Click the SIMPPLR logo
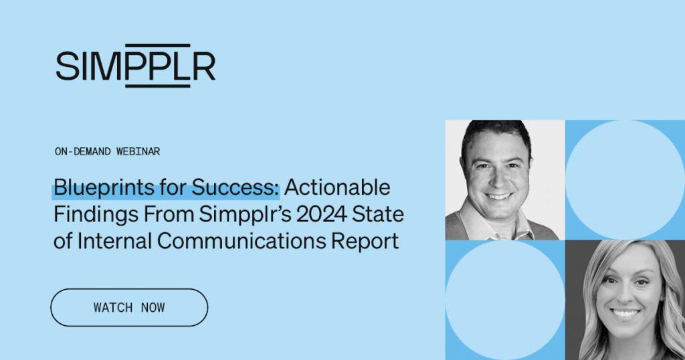click(136, 66)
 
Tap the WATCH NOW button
click(129, 308)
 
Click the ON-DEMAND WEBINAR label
click(107, 151)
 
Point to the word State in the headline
click(381, 214)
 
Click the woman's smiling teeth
click(626, 313)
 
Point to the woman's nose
click(625, 293)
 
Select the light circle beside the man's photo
click(625, 179)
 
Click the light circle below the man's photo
click(505, 300)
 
